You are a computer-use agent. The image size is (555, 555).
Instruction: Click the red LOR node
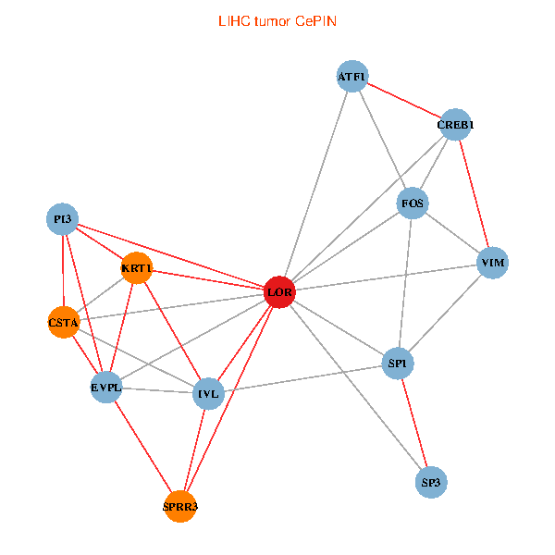279,292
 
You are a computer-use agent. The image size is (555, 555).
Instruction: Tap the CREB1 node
455,124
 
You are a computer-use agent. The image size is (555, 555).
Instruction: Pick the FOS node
413,203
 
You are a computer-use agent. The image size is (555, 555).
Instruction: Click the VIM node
492,264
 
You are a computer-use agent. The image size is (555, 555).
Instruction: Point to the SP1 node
399,364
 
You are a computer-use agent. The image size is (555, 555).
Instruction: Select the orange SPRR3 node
180,507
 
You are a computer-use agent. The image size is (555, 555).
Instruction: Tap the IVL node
208,393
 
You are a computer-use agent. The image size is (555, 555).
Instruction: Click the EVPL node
106,387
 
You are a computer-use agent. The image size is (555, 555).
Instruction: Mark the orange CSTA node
63,322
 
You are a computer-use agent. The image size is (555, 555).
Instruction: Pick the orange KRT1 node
136,269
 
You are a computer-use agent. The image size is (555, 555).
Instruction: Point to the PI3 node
62,219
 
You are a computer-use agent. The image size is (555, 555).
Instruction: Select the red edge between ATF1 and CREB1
403,100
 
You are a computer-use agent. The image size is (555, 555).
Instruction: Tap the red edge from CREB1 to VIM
474,194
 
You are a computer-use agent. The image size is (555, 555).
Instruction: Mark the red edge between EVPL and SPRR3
143,447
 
